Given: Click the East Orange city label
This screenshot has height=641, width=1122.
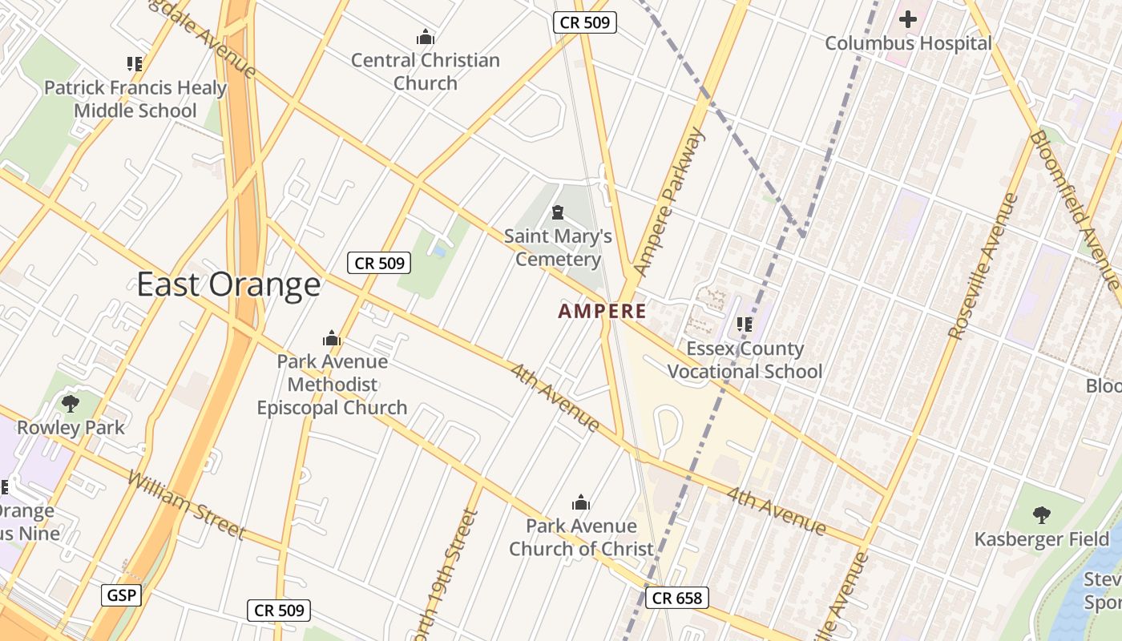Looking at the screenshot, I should [228, 285].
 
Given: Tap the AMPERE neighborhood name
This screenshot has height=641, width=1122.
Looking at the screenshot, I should [602, 311].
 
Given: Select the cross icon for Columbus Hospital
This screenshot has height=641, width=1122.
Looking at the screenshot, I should [908, 18].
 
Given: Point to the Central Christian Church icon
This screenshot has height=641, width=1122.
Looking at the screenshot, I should [426, 37].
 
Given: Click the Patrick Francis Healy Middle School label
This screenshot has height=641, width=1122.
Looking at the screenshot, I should [135, 99].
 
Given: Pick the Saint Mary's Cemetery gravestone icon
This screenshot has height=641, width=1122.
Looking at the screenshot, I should [557, 212].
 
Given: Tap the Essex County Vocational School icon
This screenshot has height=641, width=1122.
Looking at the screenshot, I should [745, 325].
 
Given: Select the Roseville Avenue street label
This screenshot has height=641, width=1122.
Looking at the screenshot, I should [982, 266].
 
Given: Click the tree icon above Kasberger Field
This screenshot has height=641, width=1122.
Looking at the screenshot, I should [1041, 514].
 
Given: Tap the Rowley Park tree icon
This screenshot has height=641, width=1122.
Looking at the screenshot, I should [71, 403].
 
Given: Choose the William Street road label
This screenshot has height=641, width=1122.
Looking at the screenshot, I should [185, 505].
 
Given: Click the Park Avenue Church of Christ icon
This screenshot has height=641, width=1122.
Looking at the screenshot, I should [581, 503].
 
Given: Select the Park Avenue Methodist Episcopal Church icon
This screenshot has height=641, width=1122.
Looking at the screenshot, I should [332, 338].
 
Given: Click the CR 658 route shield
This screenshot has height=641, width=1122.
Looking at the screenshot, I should [677, 597].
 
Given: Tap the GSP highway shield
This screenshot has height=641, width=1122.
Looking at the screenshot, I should [122, 595].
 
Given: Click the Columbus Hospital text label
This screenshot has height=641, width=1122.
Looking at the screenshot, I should [908, 43].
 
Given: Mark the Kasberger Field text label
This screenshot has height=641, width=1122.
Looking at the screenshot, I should [1041, 538].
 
